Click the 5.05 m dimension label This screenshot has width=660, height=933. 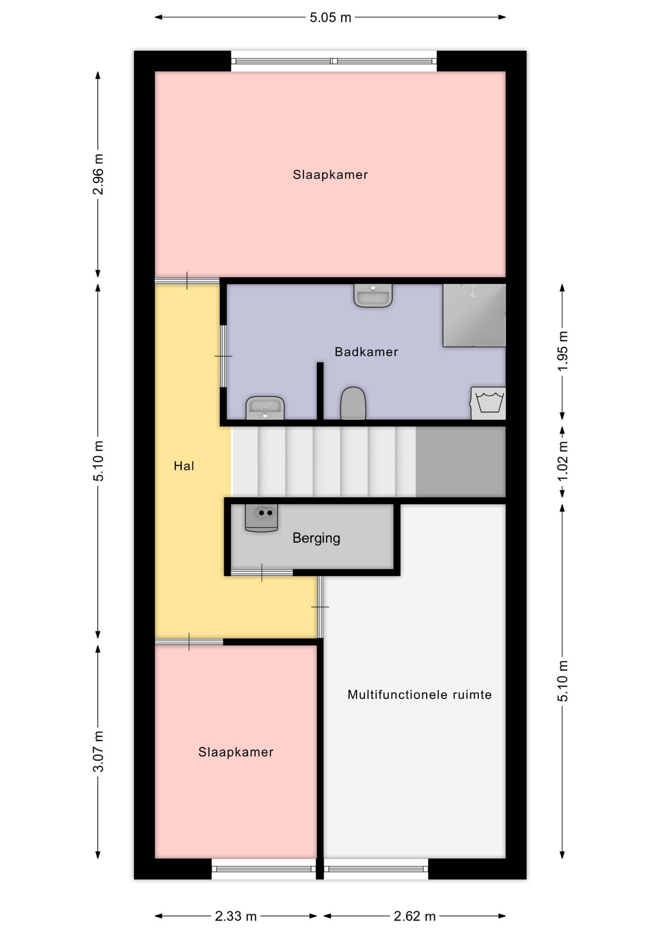[330, 17]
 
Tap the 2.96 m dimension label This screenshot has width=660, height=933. [98, 174]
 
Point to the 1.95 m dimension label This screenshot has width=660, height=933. [562, 351]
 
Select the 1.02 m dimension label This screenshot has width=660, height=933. [562, 461]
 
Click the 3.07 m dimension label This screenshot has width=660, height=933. [98, 751]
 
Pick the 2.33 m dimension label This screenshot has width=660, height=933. [236, 916]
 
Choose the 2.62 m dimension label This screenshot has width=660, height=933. [415, 916]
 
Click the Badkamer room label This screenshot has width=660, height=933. [366, 352]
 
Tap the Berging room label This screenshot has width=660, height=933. [316, 538]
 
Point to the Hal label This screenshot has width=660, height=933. [184, 466]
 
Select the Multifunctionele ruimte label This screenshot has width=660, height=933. [419, 694]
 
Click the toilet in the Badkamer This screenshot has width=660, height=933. [353, 403]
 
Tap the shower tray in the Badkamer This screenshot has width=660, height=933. [474, 315]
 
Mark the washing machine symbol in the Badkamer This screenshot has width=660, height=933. [488, 403]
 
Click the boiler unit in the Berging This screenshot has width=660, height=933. [261, 518]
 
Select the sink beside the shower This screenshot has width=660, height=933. [373, 295]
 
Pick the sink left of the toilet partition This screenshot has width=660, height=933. [265, 408]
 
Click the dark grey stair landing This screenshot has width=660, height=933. [461, 462]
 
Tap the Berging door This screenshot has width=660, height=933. [262, 572]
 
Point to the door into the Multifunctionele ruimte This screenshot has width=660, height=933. [320, 607]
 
